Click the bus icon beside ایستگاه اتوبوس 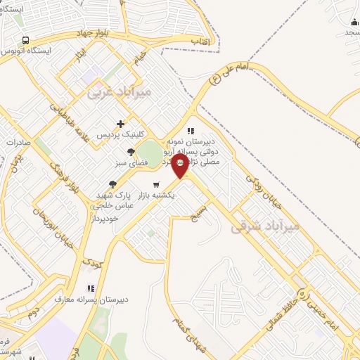tap(25, 40)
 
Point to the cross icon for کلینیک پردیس tap(121, 124)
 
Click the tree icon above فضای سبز tap(131, 152)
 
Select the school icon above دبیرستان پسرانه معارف tap(89, 288)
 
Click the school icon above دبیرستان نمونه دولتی tap(190, 130)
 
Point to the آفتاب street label tap(201, 41)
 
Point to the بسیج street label tap(200, 210)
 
